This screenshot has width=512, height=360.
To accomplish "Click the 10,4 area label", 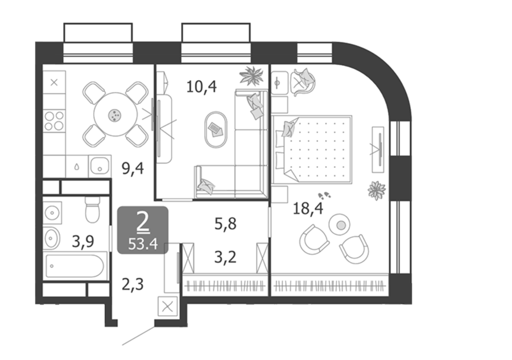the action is click(201, 87).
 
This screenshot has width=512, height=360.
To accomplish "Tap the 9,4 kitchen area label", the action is click(133, 169).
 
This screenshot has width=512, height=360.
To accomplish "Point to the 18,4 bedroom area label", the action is click(308, 208).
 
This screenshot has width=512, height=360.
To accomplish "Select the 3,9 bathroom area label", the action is click(83, 242).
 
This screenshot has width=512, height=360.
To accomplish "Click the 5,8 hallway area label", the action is click(225, 224).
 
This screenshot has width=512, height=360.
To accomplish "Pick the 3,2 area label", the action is click(225, 257).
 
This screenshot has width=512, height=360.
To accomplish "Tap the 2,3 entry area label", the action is click(133, 284).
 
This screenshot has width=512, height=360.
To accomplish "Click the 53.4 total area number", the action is click(143, 244).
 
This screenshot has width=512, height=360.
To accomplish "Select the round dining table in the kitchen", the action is click(115, 115).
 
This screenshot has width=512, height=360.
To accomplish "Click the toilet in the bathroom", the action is click(92, 209).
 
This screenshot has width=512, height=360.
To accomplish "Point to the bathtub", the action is click(75, 266).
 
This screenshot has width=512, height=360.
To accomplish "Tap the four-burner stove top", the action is click(54, 121).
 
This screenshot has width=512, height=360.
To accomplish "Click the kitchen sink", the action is click(100, 165).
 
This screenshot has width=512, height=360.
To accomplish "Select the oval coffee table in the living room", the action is click(216, 130).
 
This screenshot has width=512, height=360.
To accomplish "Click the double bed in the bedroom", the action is click(312, 148).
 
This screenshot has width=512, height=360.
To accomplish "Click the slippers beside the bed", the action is click(324, 196).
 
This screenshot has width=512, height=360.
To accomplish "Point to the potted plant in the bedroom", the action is click(377, 191).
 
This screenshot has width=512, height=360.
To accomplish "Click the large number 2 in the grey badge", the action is click(143, 223).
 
